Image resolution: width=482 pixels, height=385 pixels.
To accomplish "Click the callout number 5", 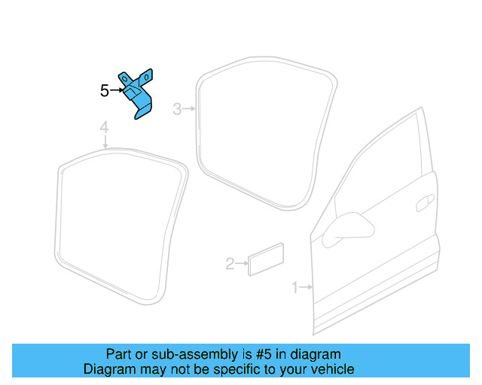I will point(105,91).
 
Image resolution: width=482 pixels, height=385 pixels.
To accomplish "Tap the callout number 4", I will point(105,128).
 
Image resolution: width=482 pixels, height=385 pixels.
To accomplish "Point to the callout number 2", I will point(230,263).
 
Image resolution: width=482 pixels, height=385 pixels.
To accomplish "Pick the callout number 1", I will point(295,286).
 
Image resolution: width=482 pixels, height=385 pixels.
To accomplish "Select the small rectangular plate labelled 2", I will point(266,259).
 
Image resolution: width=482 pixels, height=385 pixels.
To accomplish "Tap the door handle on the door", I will point(424,201).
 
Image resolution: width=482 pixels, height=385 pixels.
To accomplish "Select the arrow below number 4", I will point(105,141).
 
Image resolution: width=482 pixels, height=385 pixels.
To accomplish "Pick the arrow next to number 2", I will point(242,263).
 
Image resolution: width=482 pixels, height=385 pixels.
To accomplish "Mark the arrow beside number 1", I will point(306,286).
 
